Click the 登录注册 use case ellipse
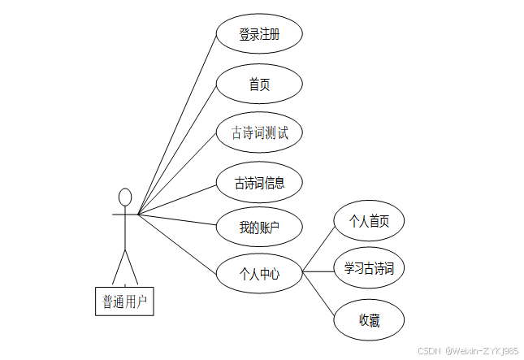(259, 35)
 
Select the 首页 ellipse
(259, 84)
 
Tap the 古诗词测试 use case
(259, 132)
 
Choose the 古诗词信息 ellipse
(259, 182)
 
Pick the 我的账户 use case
(259, 228)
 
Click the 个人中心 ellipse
(259, 274)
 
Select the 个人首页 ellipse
(369, 220)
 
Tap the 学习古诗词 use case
(369, 267)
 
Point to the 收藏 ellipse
(369, 320)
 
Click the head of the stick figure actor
(125, 197)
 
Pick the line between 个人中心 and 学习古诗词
(318, 271)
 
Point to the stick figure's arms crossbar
(125, 215)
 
